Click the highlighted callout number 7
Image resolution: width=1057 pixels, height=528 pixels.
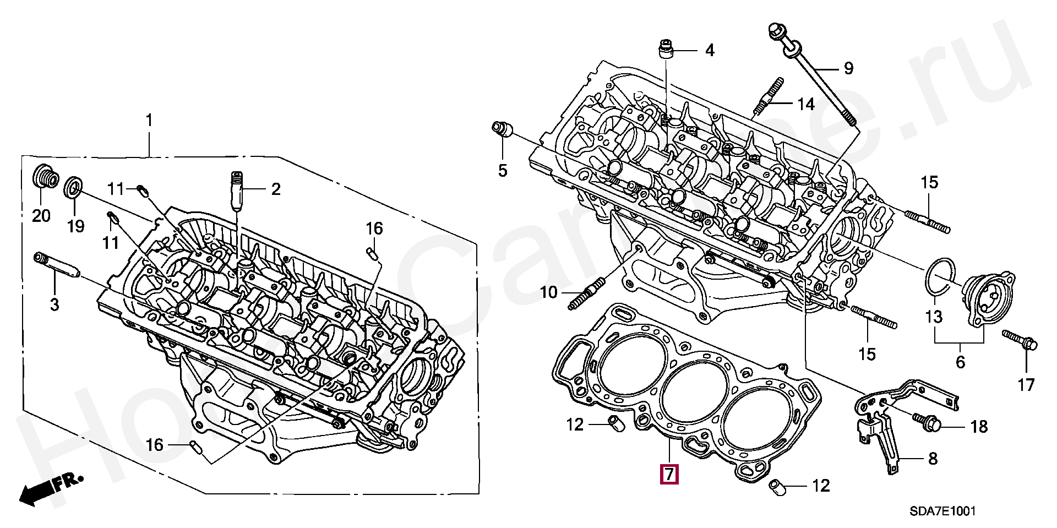(x=669, y=475)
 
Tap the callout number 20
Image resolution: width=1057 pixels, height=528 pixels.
(x=41, y=215)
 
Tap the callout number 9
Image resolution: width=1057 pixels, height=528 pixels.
(x=848, y=68)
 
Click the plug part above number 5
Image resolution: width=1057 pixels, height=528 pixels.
(x=502, y=129)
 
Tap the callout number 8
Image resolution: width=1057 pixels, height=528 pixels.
(x=932, y=458)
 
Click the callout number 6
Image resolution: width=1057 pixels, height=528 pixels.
(x=960, y=362)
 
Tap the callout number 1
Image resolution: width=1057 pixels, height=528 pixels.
(x=149, y=120)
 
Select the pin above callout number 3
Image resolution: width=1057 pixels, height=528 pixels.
(x=57, y=265)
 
